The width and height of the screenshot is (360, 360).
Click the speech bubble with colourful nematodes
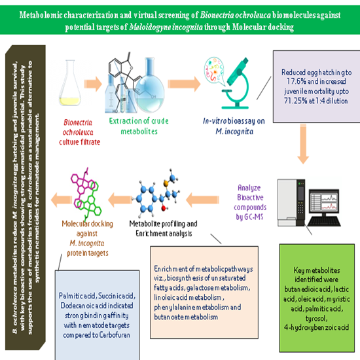coord(214,70)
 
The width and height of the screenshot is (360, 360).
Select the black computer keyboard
coord(324,221)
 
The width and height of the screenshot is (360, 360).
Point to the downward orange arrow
coord(303,144)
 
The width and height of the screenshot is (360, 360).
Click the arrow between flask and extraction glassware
coord(93,84)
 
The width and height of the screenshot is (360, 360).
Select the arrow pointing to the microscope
coord(184,84)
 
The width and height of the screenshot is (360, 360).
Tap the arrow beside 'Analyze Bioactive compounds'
coord(202,200)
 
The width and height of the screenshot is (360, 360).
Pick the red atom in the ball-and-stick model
coord(164,208)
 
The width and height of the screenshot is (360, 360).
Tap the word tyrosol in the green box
coord(316,319)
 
